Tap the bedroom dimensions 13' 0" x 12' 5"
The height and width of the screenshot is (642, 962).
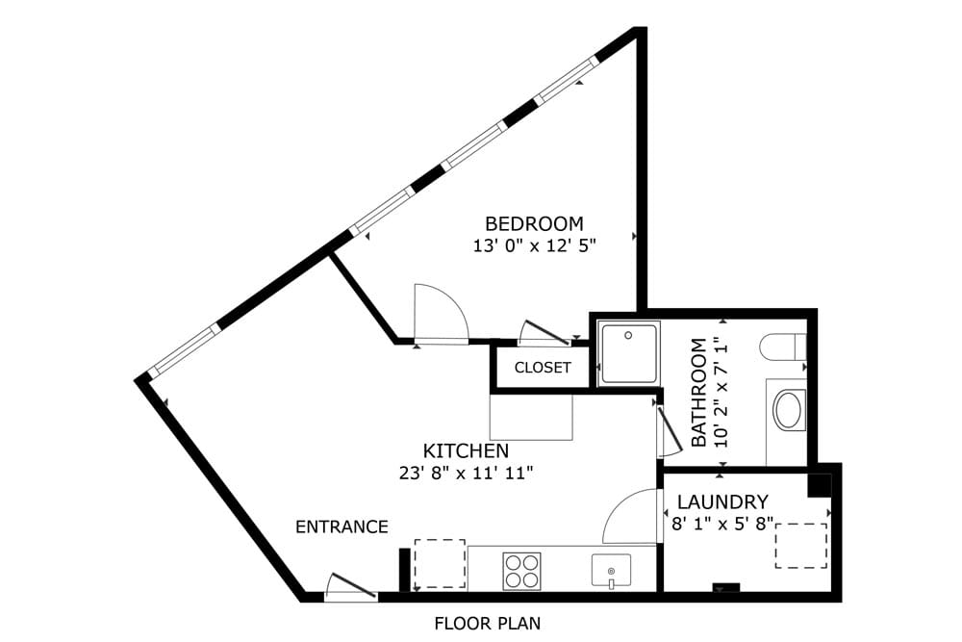click(x=535, y=245)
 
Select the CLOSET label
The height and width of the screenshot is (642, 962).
click(x=543, y=368)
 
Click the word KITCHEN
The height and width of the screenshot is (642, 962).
click(x=466, y=450)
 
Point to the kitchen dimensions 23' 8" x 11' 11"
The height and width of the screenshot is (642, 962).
click(x=466, y=473)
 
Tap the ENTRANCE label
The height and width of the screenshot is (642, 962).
click(x=342, y=526)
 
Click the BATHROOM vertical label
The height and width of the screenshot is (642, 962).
click(x=699, y=392)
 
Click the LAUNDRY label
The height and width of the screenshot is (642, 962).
click(x=722, y=501)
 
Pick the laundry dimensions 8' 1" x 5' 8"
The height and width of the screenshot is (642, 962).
click(x=722, y=524)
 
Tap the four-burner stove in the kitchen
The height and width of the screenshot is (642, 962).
click(x=521, y=570)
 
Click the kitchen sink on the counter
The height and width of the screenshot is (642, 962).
click(x=611, y=569)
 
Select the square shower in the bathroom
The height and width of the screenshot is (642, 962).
click(x=628, y=353)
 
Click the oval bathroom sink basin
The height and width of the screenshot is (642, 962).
click(x=789, y=409)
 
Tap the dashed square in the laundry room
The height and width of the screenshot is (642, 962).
click(x=801, y=547)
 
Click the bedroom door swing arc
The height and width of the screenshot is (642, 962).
click(x=441, y=313)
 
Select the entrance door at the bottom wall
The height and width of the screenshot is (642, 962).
click(x=350, y=588)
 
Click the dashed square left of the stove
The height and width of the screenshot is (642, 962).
click(x=440, y=564)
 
